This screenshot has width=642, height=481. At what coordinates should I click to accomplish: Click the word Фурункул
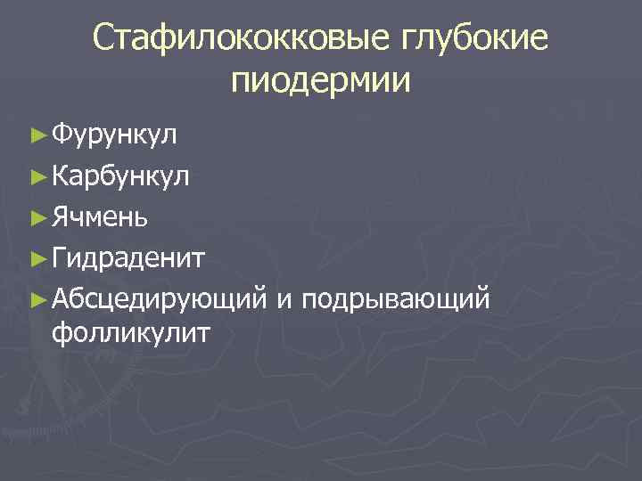point(115,135)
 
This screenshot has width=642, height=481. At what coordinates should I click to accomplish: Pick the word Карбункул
point(120,176)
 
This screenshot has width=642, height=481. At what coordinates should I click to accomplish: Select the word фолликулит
point(131,334)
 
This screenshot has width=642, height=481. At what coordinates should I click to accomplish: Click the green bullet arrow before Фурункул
point(37,136)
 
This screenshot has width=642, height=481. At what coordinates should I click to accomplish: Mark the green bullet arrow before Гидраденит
point(37,259)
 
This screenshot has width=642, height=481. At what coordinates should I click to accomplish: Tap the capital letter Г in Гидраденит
point(59,258)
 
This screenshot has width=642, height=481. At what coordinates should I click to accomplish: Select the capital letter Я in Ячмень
point(60,216)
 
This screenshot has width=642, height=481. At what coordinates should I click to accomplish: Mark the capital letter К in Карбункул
point(60,175)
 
